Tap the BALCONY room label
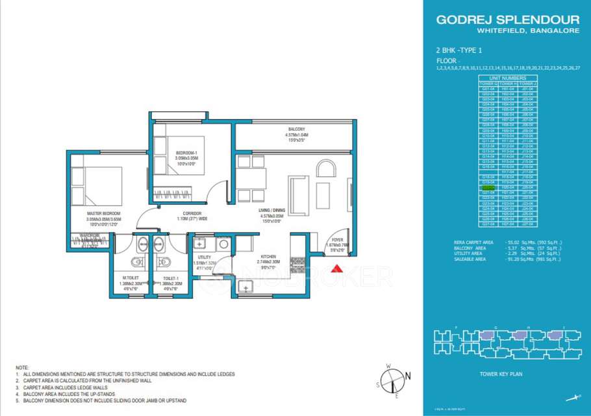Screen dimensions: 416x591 296,129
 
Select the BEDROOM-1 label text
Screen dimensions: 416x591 187,153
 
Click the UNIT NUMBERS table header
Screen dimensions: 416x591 508,78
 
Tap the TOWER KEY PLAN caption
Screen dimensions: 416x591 501,374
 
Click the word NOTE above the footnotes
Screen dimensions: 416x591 23,368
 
